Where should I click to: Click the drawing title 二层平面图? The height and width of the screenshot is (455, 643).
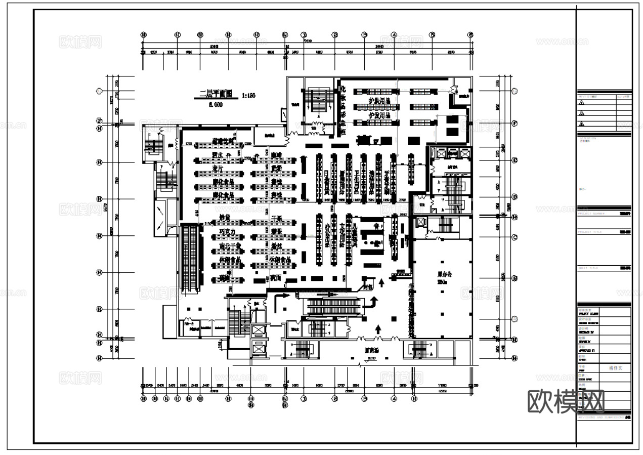click(x=215, y=94)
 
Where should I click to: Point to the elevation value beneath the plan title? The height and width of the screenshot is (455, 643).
click(x=216, y=105)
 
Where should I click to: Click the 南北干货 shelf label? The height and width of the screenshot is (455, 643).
click(x=229, y=246)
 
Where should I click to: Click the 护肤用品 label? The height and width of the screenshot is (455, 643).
click(x=380, y=101)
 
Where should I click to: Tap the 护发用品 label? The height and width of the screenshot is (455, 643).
click(x=380, y=115)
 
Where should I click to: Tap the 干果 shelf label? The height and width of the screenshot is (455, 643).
click(x=276, y=218)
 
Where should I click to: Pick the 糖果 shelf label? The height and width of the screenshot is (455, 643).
click(x=276, y=232)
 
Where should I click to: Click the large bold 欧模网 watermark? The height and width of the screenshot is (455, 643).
click(x=566, y=401)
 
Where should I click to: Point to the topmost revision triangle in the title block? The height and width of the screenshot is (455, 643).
click(x=581, y=103)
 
